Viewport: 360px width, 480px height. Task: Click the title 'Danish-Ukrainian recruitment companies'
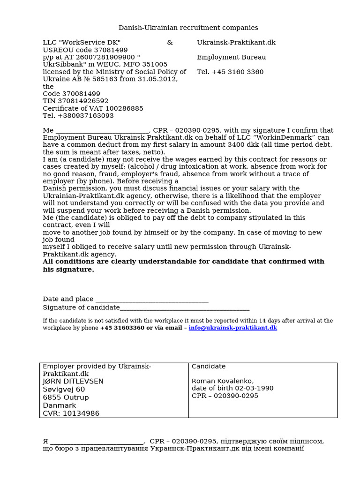pos(188,28)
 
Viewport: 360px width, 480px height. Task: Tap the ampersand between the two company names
pos(170,43)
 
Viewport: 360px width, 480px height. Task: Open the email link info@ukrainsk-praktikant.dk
pos(232,328)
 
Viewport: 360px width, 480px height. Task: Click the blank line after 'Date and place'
pos(151,300)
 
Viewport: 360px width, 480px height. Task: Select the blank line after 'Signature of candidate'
pos(185,308)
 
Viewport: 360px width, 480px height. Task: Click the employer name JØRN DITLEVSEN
pos(73,382)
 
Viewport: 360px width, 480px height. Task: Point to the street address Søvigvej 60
pos(64,390)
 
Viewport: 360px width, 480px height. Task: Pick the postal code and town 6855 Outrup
pos(66,397)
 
